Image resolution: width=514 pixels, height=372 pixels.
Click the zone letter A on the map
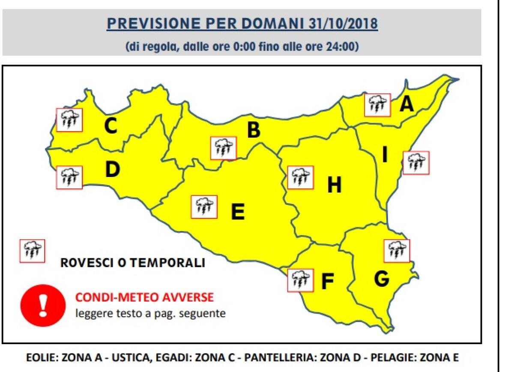point(407,104)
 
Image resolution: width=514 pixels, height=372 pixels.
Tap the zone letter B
point(254,130)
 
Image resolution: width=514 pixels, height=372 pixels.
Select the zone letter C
point(111,126)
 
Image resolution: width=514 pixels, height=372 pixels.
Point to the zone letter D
point(112,170)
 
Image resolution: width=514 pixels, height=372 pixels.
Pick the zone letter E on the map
point(238,211)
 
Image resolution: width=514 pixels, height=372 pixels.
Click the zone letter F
point(327,282)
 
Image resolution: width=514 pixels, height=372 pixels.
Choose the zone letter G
point(381,279)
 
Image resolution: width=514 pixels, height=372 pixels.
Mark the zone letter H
point(335,186)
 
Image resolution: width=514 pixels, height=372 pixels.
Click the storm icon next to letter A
point(377,105)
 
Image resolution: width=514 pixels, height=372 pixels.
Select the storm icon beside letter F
point(300,280)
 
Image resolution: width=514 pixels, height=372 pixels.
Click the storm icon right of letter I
point(416,162)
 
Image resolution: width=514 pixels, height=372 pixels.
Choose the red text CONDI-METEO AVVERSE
point(144,297)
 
